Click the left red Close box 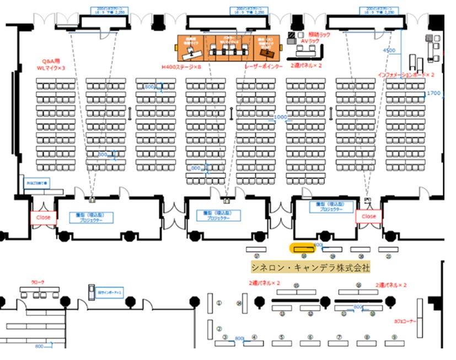tap(43, 217)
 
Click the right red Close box tap(368, 217)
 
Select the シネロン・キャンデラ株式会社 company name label tap(310, 267)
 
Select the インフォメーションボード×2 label tap(406, 74)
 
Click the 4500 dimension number tap(389, 51)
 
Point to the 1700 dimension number tap(434, 93)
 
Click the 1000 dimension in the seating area tap(281, 117)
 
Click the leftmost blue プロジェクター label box tap(91, 217)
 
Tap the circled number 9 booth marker tap(394, 337)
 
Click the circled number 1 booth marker tap(219, 303)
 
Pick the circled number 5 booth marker tap(281, 337)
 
